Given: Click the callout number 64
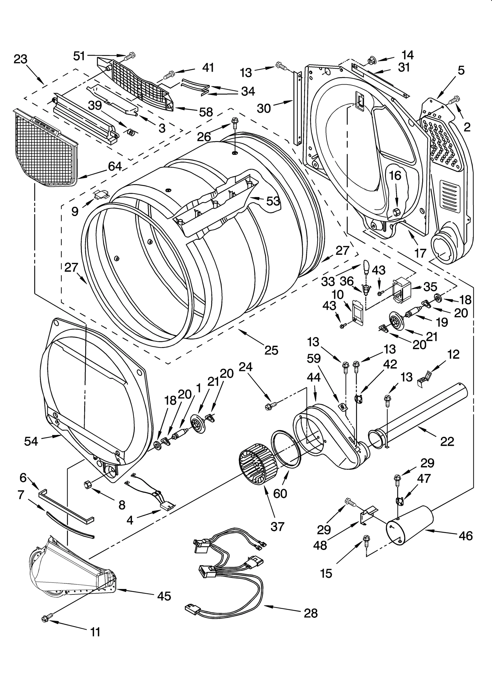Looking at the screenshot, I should point(115,166).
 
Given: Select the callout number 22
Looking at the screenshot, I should point(447,441).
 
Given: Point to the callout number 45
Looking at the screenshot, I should point(164,596).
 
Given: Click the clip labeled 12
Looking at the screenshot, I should point(424,377).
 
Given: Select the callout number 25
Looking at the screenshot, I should point(271,350).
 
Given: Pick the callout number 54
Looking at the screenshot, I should point(31,441).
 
